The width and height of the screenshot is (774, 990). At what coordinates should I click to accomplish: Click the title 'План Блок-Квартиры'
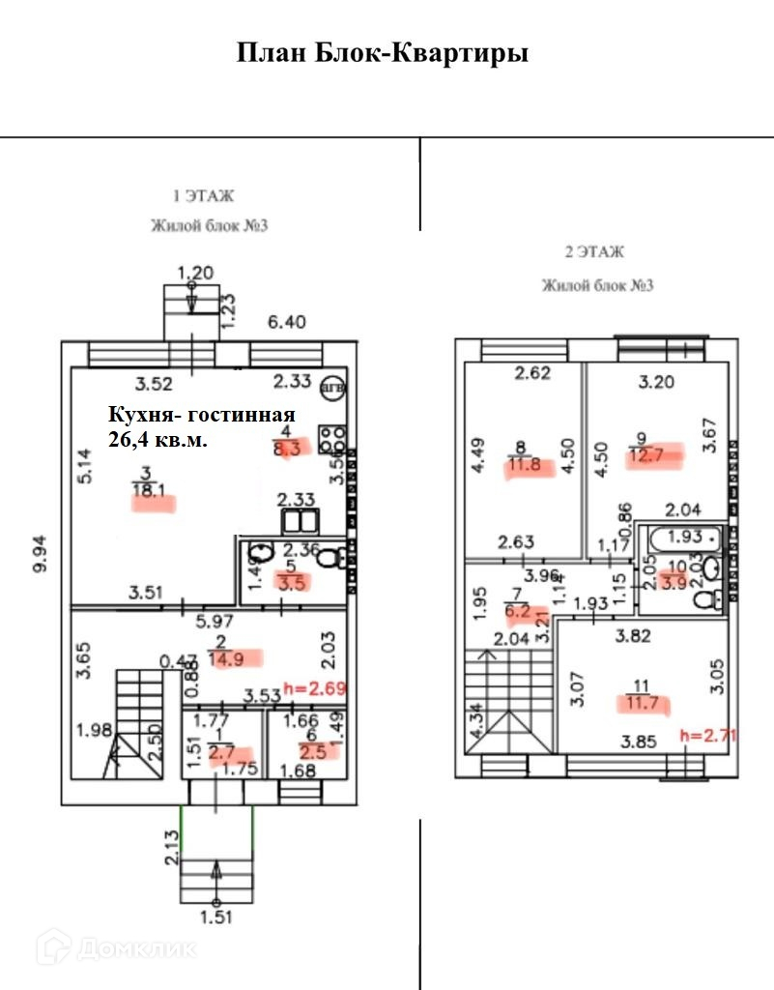click(383, 52)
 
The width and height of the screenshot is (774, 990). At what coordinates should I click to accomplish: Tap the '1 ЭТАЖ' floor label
click(203, 196)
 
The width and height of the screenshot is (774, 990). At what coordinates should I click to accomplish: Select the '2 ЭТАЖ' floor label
click(594, 252)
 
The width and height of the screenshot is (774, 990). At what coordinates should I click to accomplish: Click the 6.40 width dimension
click(286, 322)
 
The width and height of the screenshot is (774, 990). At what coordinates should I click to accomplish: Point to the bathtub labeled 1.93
click(683, 536)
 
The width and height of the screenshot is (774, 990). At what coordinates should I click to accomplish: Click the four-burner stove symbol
click(334, 439)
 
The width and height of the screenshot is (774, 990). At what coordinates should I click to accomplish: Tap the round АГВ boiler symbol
click(330, 385)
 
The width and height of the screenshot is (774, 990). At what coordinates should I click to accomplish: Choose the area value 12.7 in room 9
click(647, 455)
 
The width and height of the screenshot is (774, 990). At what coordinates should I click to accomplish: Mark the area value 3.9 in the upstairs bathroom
click(674, 581)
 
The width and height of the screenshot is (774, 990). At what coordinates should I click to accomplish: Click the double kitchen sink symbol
click(301, 522)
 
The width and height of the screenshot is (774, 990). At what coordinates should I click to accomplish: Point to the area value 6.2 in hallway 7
click(517, 611)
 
